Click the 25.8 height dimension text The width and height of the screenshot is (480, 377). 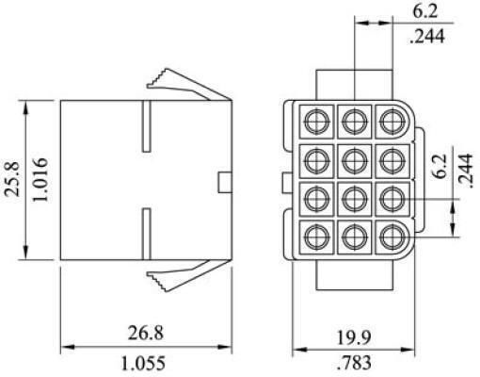click(x=13, y=179)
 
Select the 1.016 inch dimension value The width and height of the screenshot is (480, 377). click(x=40, y=179)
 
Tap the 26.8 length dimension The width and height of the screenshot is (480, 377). click(x=146, y=333)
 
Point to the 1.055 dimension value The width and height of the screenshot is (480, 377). click(x=143, y=363)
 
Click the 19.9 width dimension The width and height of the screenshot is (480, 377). click(x=354, y=337)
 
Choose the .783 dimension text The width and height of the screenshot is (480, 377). click(x=354, y=362)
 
